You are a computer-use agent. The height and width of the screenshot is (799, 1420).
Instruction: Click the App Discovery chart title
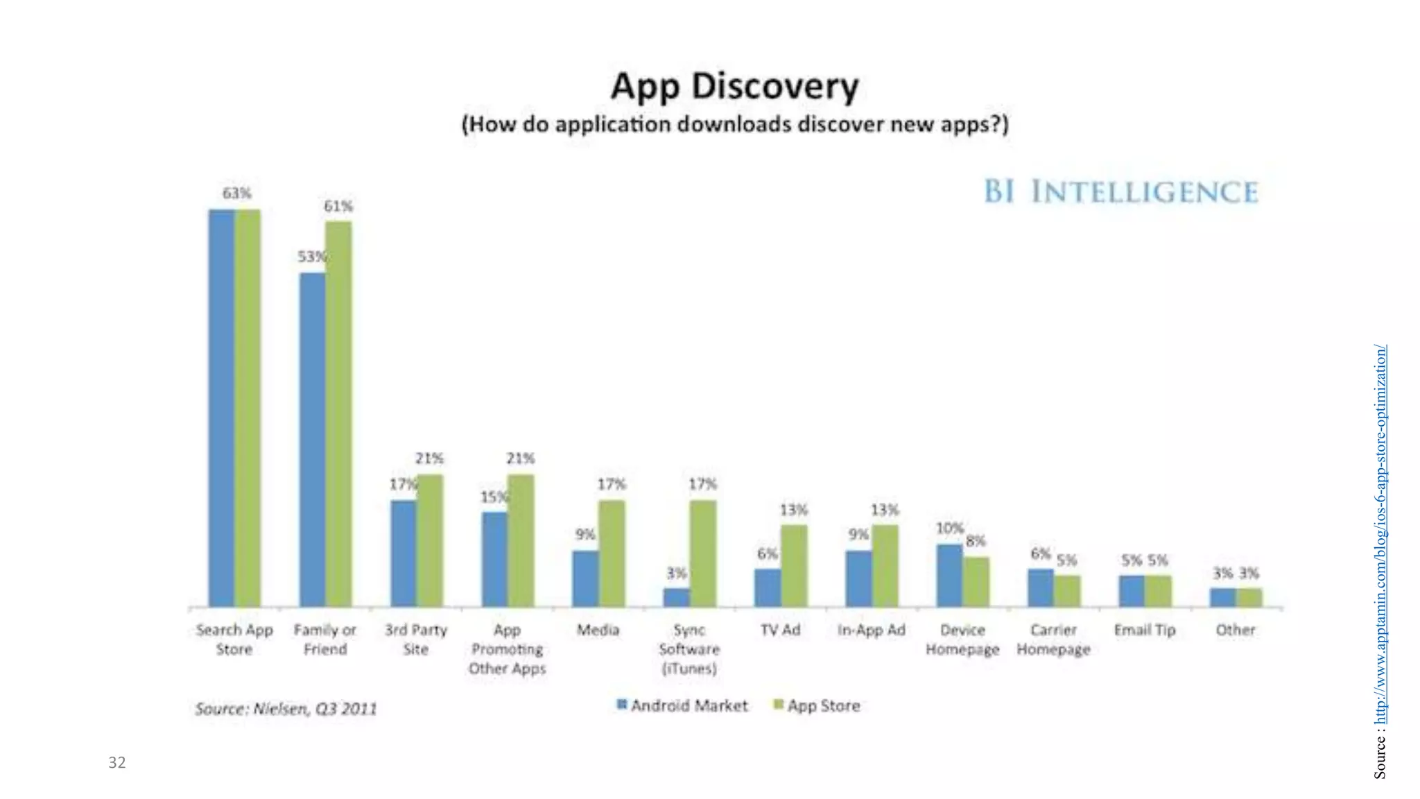click(734, 87)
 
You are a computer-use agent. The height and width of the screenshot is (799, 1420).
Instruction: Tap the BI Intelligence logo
click(1120, 191)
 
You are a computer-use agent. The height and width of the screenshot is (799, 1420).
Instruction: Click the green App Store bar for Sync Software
click(702, 553)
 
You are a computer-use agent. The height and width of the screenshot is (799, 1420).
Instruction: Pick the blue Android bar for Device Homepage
click(949, 576)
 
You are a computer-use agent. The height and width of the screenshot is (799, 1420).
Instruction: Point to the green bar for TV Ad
click(793, 565)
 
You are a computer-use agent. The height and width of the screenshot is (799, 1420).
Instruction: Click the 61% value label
click(338, 206)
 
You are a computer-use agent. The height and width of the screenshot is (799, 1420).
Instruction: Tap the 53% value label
click(311, 257)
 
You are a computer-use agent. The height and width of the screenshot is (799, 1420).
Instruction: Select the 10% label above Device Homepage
click(949, 529)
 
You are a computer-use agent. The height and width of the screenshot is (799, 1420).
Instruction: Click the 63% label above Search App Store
click(236, 193)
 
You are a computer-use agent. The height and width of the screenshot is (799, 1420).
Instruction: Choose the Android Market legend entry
click(682, 705)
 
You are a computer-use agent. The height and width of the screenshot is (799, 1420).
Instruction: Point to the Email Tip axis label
click(1145, 630)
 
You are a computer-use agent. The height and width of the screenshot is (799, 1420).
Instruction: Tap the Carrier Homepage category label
click(1053, 639)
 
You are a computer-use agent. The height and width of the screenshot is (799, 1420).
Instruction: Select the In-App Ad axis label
click(872, 630)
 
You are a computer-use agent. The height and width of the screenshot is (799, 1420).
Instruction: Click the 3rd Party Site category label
click(416, 639)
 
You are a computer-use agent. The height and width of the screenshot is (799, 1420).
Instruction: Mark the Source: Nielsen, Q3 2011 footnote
click(286, 709)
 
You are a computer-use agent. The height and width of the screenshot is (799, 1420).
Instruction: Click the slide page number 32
click(116, 762)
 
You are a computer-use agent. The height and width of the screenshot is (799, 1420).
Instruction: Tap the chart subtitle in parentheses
click(734, 125)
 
